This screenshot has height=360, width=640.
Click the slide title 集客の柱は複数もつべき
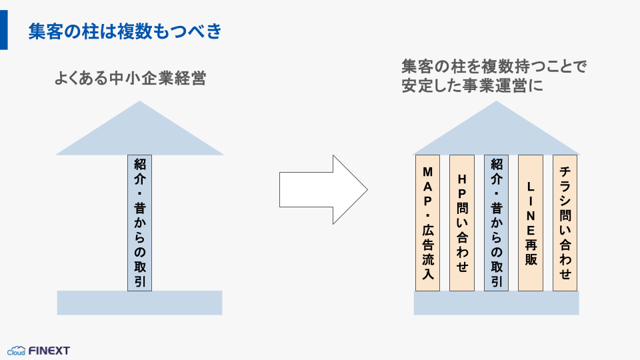tap(125, 31)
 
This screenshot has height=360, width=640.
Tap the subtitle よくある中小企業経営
tap(130, 79)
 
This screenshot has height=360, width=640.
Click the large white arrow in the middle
tap(323, 189)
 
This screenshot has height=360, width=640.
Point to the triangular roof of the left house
tap(139, 133)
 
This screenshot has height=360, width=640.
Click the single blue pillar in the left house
tap(139, 223)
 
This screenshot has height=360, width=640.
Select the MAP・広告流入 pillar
tap(427, 223)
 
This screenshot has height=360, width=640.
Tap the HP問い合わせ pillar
tap(462, 223)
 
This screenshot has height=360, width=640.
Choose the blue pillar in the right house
tap(496, 223)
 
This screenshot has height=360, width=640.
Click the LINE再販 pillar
tap(531, 223)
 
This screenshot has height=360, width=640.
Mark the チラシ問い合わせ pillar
tap(565, 223)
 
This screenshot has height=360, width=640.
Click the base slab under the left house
tap(139, 303)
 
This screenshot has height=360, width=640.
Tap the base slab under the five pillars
tap(496, 303)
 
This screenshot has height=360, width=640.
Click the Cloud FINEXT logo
tap(39, 351)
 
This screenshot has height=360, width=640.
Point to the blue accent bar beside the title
tap(4, 30)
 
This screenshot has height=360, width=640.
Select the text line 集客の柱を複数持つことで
tap(493, 67)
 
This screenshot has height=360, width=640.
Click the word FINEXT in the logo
tap(49, 351)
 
